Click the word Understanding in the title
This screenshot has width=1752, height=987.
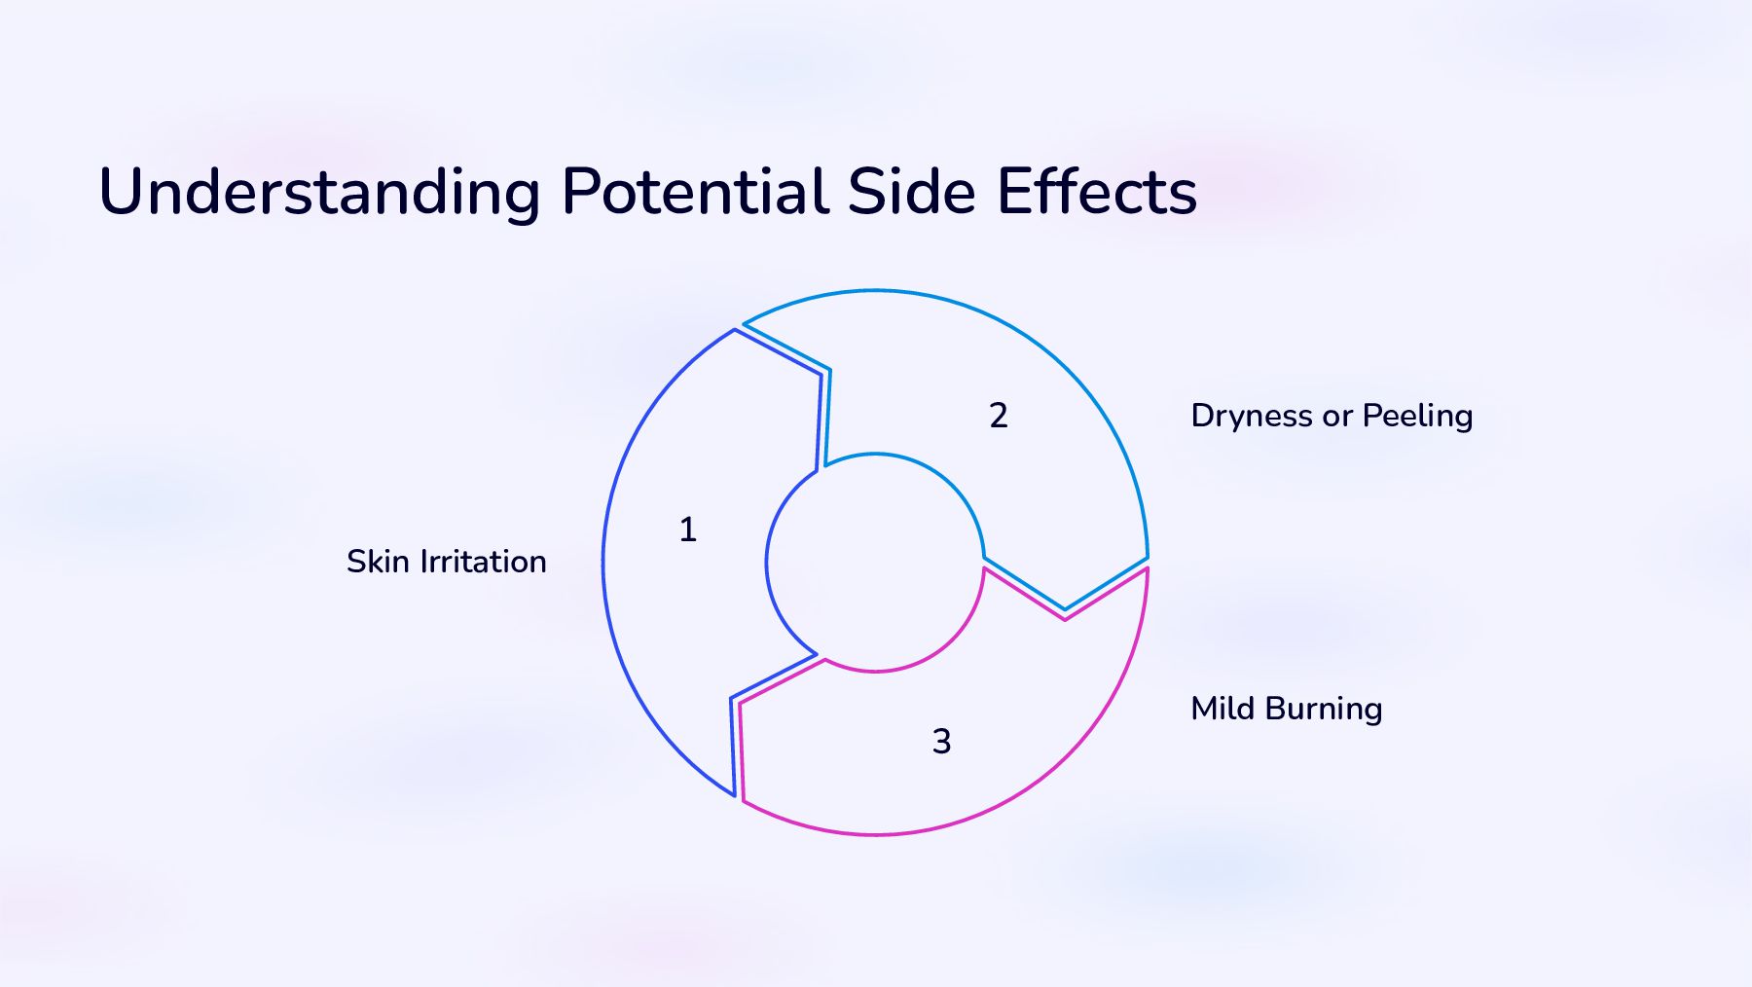pyautogui.click(x=319, y=192)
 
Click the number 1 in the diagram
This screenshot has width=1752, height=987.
pyautogui.click(x=688, y=530)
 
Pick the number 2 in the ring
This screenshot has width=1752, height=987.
pyautogui.click(x=999, y=416)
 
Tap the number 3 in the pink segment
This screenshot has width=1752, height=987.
pyautogui.click(x=941, y=742)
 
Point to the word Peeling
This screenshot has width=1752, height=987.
pyautogui.click(x=1417, y=417)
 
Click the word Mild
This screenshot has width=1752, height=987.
pyautogui.click(x=1223, y=709)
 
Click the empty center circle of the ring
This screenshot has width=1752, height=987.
pyautogui.click(x=875, y=563)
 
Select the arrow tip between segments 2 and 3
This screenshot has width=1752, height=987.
pyautogui.click(x=1065, y=608)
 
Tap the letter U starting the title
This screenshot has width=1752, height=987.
pyautogui.click(x=122, y=192)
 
